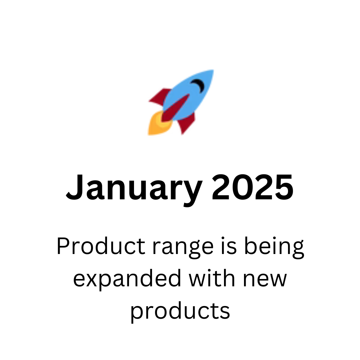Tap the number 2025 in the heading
tap(253, 187)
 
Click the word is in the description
tap(229, 246)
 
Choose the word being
tap(274, 248)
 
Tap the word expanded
tap(127, 280)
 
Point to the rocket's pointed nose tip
tap(213, 70)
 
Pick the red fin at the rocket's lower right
tap(186, 123)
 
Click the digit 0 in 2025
tap(242, 187)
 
